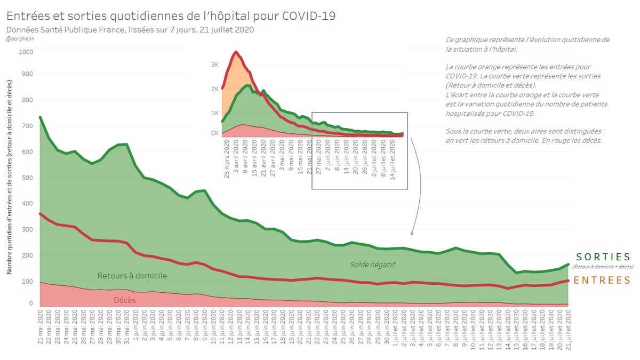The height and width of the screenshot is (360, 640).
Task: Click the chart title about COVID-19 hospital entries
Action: tap(171, 15)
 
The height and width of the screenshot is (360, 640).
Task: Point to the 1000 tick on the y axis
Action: tap(26, 52)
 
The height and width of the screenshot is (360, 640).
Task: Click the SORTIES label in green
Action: tap(604, 257)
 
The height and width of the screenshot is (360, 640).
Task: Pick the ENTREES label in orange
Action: tap(604, 281)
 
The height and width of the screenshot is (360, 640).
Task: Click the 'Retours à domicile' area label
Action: tap(132, 276)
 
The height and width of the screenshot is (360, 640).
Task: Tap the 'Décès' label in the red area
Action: tap(125, 300)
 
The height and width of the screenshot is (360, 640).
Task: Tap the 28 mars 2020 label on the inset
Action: tap(226, 159)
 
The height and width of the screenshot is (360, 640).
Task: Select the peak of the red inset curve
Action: tap(236, 52)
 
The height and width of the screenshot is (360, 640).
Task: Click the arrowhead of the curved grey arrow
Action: tap(411, 234)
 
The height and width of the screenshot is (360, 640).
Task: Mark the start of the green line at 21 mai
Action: tap(40, 117)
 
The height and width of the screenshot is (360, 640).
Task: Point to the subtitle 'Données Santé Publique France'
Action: tap(130, 29)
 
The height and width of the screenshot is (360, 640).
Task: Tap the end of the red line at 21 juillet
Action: tap(569, 280)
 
